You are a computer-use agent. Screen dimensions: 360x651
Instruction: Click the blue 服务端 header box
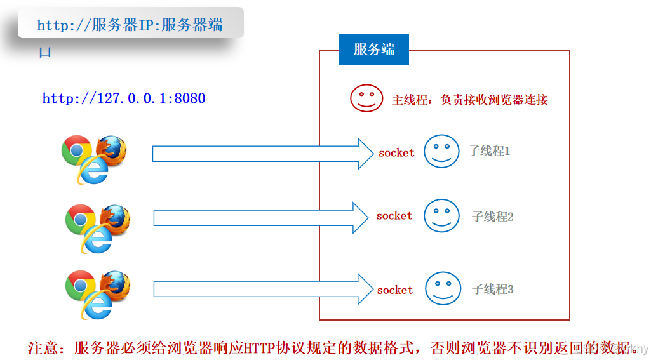pos(373,50)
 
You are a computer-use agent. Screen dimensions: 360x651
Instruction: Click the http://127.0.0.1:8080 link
pos(123,98)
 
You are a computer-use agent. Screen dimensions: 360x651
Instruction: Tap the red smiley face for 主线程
pos(366,98)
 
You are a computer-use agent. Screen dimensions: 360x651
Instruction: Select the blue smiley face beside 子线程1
pos(441,151)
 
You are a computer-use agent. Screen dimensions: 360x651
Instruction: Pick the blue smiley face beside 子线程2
pos(441,215)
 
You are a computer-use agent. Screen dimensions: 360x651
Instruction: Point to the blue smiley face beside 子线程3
pos(443,289)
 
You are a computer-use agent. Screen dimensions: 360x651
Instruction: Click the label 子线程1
pos(489,151)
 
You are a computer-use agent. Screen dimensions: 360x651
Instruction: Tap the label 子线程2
pos(492,217)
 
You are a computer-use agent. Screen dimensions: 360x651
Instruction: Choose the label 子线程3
pos(492,290)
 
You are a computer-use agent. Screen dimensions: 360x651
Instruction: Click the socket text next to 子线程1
pos(396,153)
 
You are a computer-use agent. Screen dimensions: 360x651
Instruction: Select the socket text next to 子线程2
pos(394,216)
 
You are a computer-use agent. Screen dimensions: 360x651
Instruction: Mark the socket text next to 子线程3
pos(395,290)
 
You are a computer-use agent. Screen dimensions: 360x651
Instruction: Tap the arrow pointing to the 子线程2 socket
pos(260,218)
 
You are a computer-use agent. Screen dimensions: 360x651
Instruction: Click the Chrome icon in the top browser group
pos(76,150)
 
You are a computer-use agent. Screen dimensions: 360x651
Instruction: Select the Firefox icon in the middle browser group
pos(116,219)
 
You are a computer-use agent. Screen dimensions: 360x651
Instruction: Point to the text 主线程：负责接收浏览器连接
pos(470,100)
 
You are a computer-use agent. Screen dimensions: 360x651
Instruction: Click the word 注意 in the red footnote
pos(43,348)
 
